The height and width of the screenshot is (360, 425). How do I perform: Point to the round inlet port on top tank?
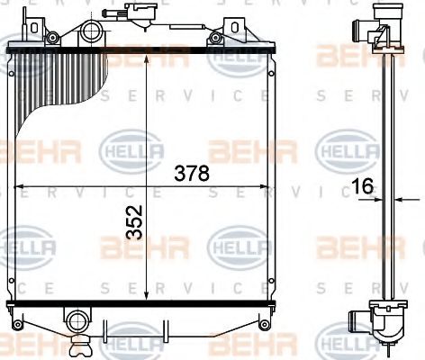click(92, 35)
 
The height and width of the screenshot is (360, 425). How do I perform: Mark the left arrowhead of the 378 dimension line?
click(14, 186)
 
